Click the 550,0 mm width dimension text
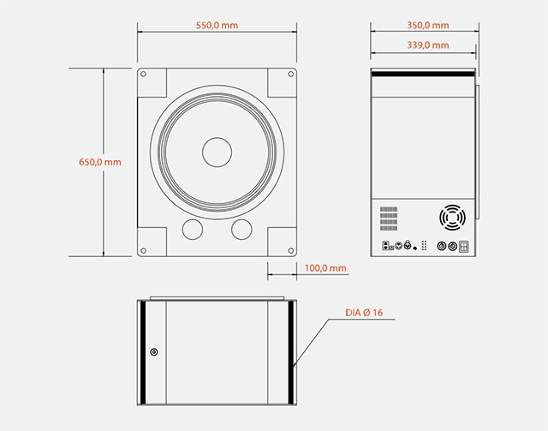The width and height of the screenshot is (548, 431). tap(217, 26)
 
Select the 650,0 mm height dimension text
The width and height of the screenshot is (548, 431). tap(100, 162)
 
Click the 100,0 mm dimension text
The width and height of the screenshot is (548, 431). tap(325, 268)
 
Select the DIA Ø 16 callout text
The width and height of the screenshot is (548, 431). tap(370, 313)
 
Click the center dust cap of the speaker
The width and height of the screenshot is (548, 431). tap(217, 152)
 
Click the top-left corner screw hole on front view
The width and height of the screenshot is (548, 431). tap(144, 75)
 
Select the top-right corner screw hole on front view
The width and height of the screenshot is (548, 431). tap(289, 75)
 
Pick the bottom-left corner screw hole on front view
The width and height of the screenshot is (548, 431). tap(144, 250)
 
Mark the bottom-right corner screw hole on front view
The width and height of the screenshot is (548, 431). tap(289, 250)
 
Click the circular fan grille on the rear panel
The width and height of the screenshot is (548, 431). tap(451, 218)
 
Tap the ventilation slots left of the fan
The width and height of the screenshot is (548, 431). tap(390, 217)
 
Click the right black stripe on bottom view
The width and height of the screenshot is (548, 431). tap(291, 352)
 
